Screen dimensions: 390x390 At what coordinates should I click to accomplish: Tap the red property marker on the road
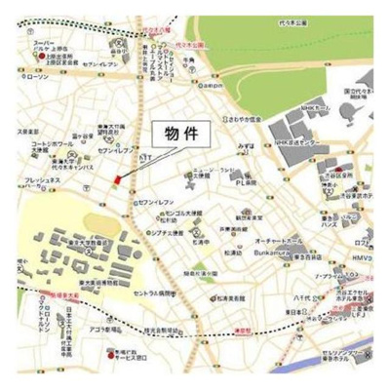click(116, 180)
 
